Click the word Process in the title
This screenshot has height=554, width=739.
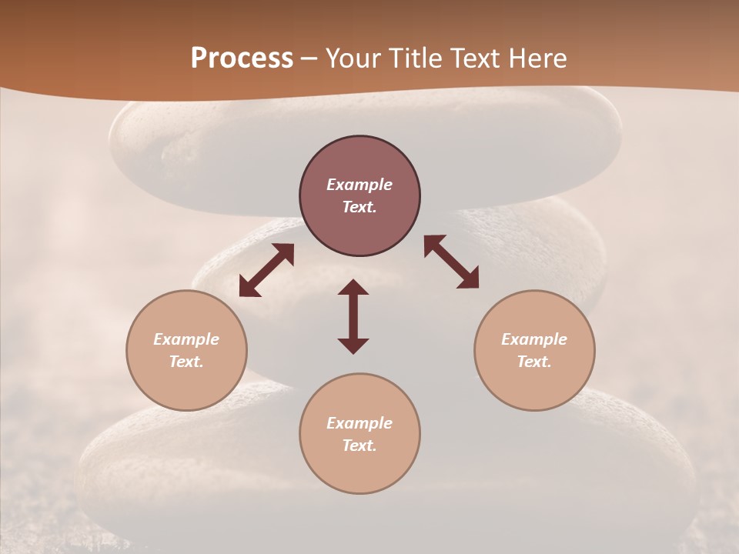pyautogui.click(x=242, y=58)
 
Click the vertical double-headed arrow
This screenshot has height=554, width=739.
pyautogui.click(x=353, y=317)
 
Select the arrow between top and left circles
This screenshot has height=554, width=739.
pyautogui.click(x=266, y=270)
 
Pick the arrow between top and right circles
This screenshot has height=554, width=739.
pyautogui.click(x=451, y=262)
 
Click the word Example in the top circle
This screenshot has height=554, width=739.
pyautogui.click(x=359, y=185)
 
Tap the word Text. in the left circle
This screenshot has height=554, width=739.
pyautogui.click(x=186, y=362)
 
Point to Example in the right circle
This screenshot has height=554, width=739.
pyautogui.click(x=534, y=339)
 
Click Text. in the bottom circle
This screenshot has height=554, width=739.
pyautogui.click(x=359, y=446)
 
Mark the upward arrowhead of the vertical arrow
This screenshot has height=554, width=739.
pyautogui.click(x=353, y=288)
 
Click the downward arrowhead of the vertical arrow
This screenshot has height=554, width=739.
pyautogui.click(x=353, y=345)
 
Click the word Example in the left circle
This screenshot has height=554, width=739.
pyautogui.click(x=186, y=339)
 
